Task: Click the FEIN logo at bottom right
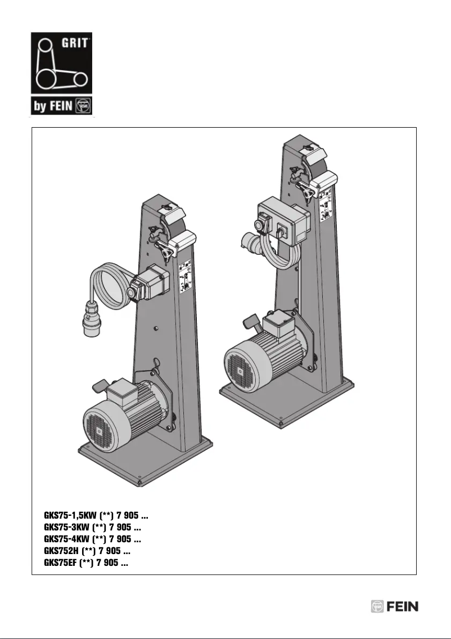[x=394, y=606]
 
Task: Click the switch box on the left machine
[x=148, y=283]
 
